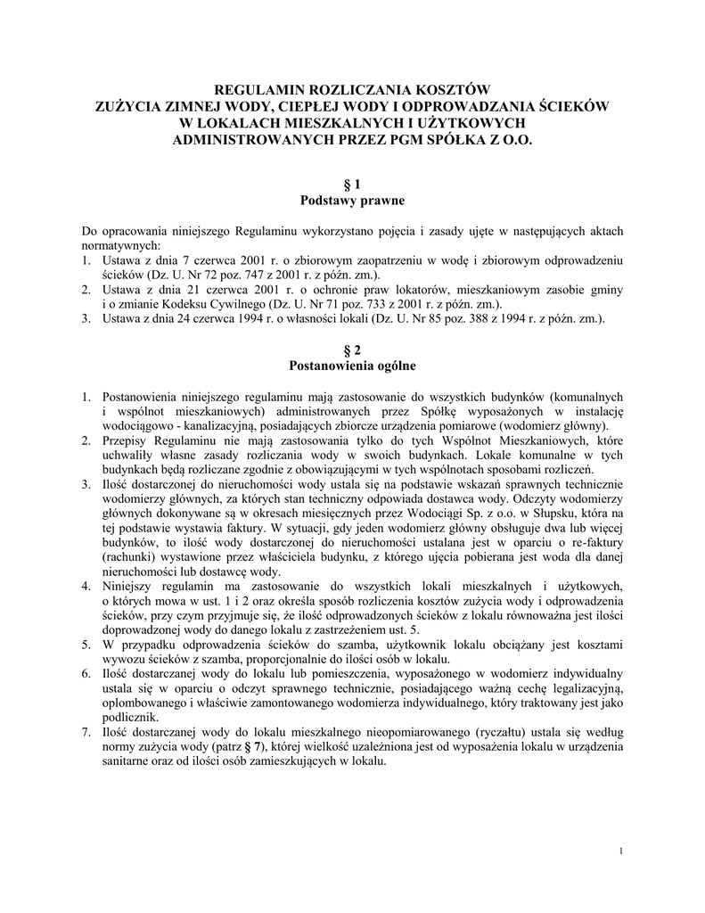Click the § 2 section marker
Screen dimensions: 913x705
[351, 349]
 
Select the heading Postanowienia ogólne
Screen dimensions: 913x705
[352, 366]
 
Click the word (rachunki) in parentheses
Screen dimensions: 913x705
[133, 557]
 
